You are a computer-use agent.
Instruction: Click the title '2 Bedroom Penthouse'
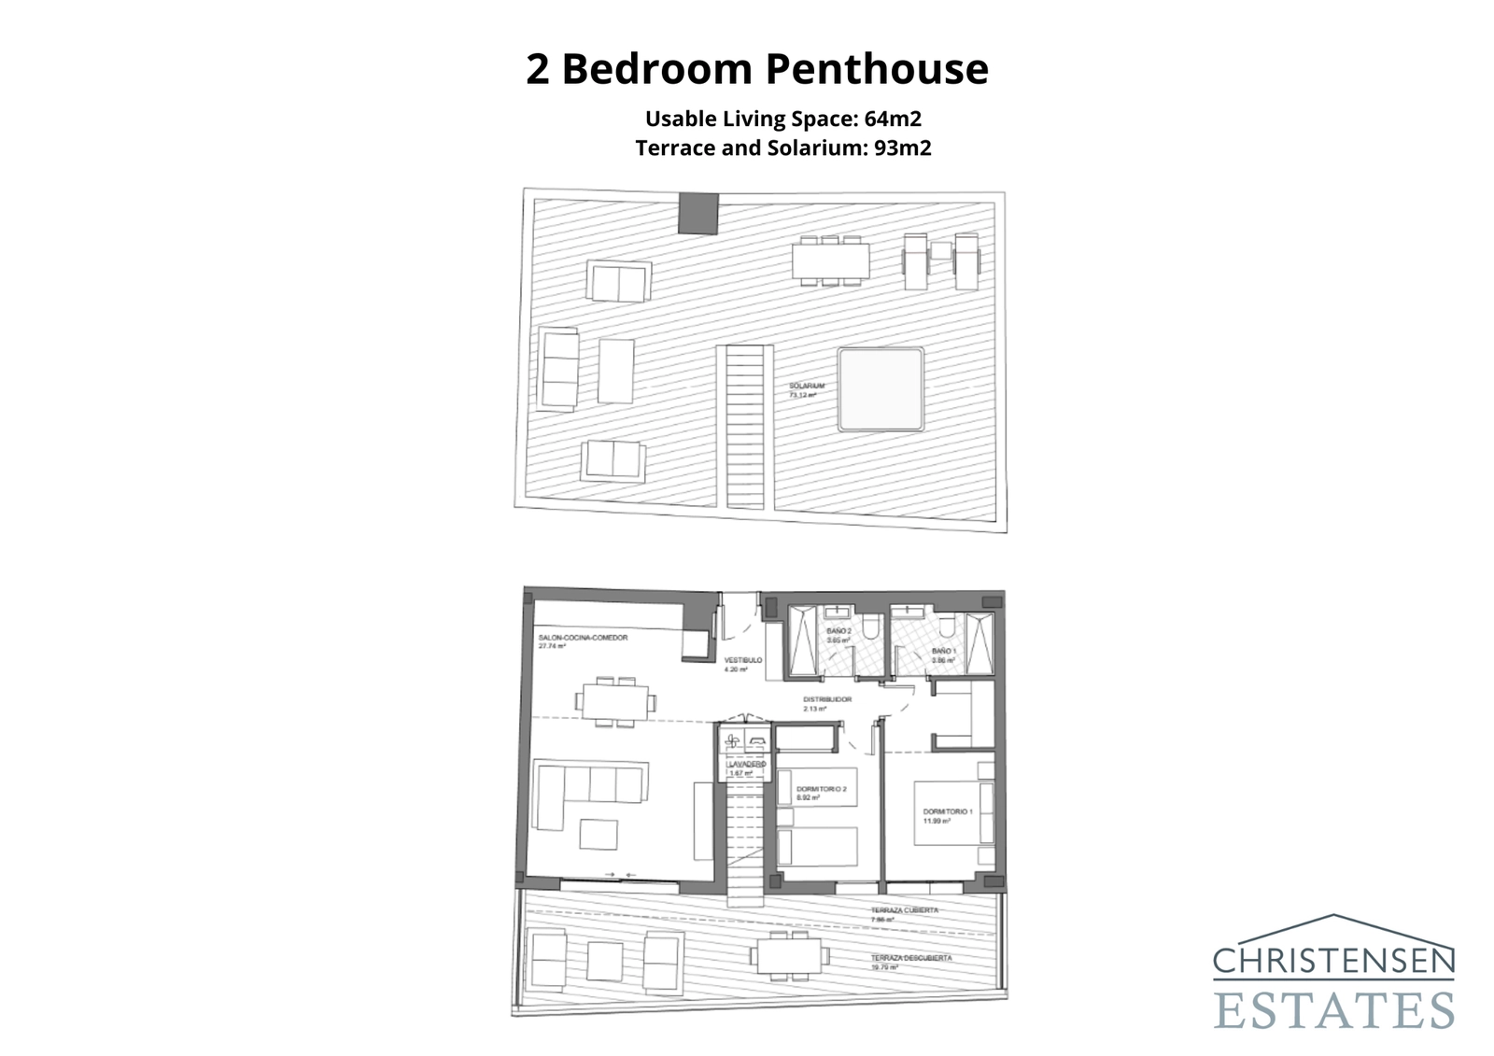point(756,69)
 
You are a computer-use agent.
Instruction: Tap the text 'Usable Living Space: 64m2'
point(783,119)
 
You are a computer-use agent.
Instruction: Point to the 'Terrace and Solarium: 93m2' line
point(783,148)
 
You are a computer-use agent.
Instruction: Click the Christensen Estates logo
point(1333,972)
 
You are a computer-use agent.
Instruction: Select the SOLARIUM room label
point(806,387)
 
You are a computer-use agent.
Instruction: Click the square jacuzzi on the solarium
point(881,388)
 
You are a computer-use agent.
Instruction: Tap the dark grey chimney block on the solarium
point(698,214)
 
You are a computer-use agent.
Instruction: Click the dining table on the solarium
point(830,260)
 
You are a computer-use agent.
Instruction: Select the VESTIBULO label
point(743,660)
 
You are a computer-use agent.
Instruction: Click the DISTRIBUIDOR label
point(827,699)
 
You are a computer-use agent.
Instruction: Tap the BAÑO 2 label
point(839,631)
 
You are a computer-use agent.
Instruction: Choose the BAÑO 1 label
point(944,651)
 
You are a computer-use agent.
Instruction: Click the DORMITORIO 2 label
point(821,789)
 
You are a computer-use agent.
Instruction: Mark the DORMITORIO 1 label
point(948,811)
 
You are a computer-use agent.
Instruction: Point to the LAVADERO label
point(747,764)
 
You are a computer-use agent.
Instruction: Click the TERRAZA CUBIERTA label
point(904,909)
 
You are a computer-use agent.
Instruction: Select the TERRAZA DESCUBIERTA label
point(911,958)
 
